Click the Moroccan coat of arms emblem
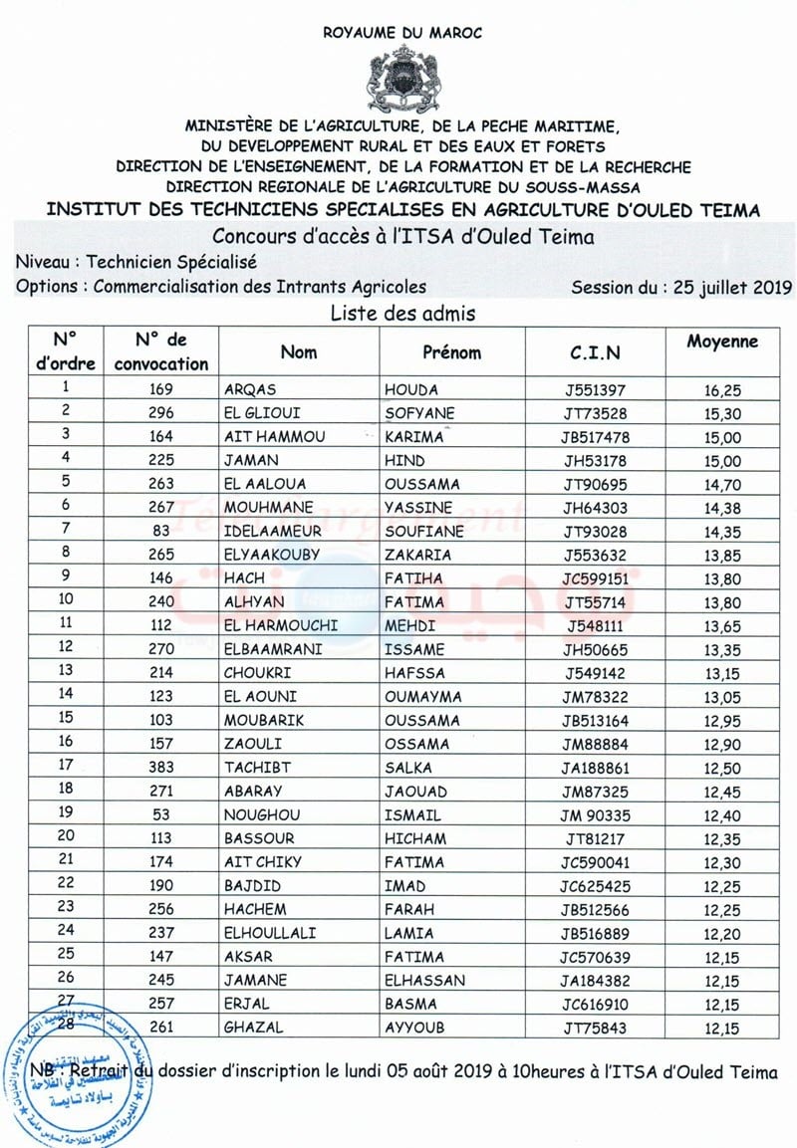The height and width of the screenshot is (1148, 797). click(x=401, y=76)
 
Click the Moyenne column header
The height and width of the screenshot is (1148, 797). click(x=722, y=342)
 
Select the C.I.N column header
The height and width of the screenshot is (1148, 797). click(x=595, y=352)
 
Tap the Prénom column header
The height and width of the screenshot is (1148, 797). click(x=451, y=352)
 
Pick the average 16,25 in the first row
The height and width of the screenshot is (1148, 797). click(x=722, y=389)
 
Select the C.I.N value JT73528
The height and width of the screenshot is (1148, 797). click(x=595, y=413)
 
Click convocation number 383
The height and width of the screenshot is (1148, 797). click(x=160, y=767)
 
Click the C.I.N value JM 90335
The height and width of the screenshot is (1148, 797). click(x=595, y=814)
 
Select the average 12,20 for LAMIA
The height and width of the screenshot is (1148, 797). click(x=722, y=933)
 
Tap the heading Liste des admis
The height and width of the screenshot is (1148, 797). click(x=402, y=314)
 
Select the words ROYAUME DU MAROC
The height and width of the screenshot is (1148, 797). click(x=402, y=33)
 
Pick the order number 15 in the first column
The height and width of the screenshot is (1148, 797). click(x=66, y=720)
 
